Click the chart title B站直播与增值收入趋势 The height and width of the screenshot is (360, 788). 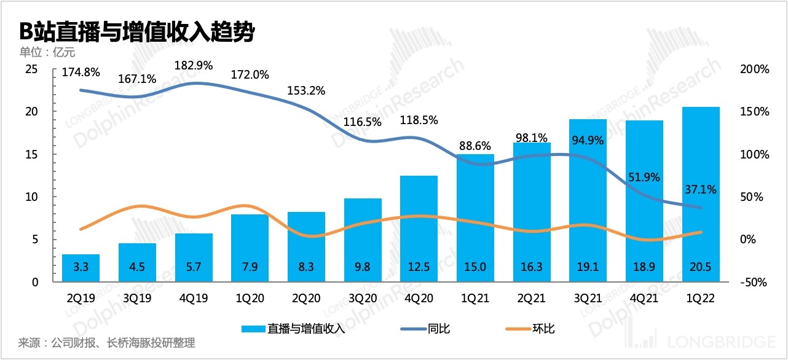[137, 31]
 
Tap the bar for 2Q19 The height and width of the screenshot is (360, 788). [81, 268]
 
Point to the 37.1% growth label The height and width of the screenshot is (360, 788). [700, 190]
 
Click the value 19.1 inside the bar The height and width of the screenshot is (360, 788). [589, 265]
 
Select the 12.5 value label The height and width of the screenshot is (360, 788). [419, 265]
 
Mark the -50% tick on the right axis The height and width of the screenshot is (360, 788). [754, 283]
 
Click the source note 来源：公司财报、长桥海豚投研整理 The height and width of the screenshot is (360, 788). [107, 343]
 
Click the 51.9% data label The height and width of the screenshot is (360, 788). [644, 177]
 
